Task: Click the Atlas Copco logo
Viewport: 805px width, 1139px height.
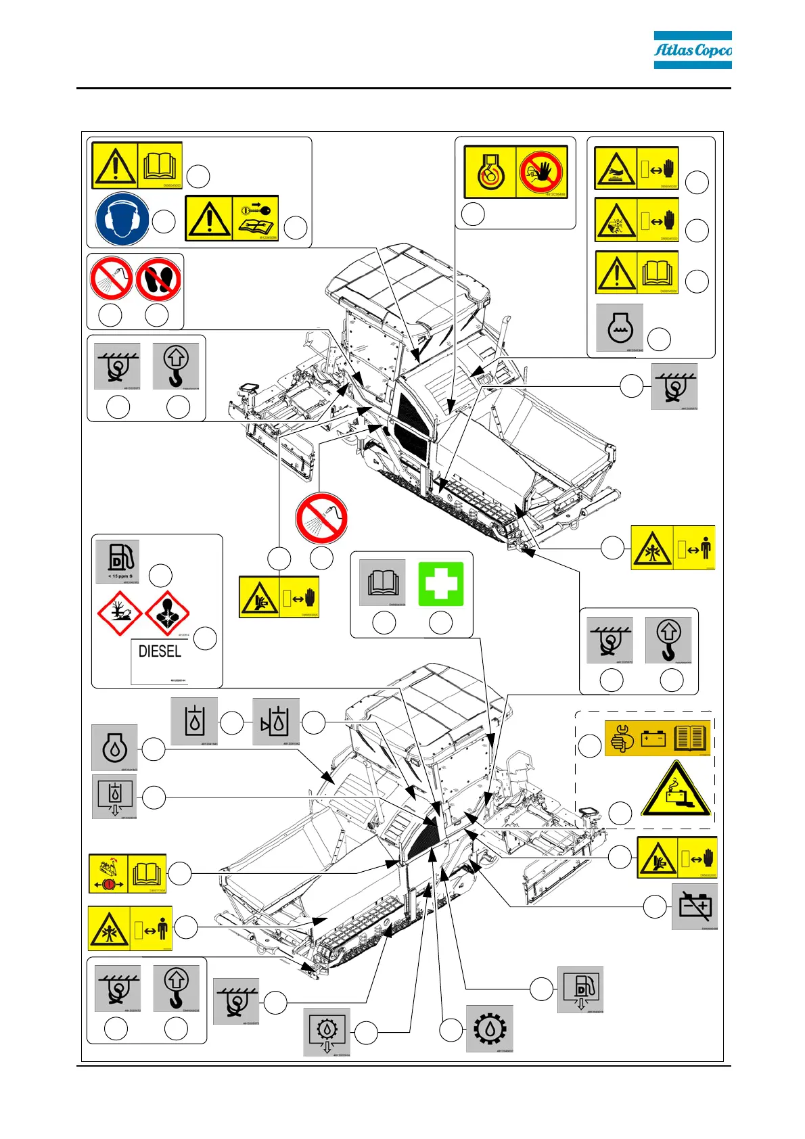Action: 692,50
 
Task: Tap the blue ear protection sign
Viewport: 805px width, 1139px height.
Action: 122,219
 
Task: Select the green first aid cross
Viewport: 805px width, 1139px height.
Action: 440,584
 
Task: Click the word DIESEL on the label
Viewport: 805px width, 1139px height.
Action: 160,651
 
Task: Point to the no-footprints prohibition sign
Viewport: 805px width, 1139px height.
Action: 158,280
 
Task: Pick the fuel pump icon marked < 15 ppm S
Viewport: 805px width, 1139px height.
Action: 118,561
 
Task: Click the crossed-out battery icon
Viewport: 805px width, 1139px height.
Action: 695,906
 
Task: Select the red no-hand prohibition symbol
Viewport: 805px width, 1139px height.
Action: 541,172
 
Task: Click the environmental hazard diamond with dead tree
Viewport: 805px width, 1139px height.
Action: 120,613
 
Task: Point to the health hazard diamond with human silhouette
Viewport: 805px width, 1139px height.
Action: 166,613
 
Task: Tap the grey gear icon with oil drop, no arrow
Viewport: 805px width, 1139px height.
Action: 490,1029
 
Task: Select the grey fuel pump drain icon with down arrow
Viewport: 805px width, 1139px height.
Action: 580,990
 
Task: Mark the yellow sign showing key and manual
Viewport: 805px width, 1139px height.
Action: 232,218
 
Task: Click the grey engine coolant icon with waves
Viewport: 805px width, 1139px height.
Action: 620,328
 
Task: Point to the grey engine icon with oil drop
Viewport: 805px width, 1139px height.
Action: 114,747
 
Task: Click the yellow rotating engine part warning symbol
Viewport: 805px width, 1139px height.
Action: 490,172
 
